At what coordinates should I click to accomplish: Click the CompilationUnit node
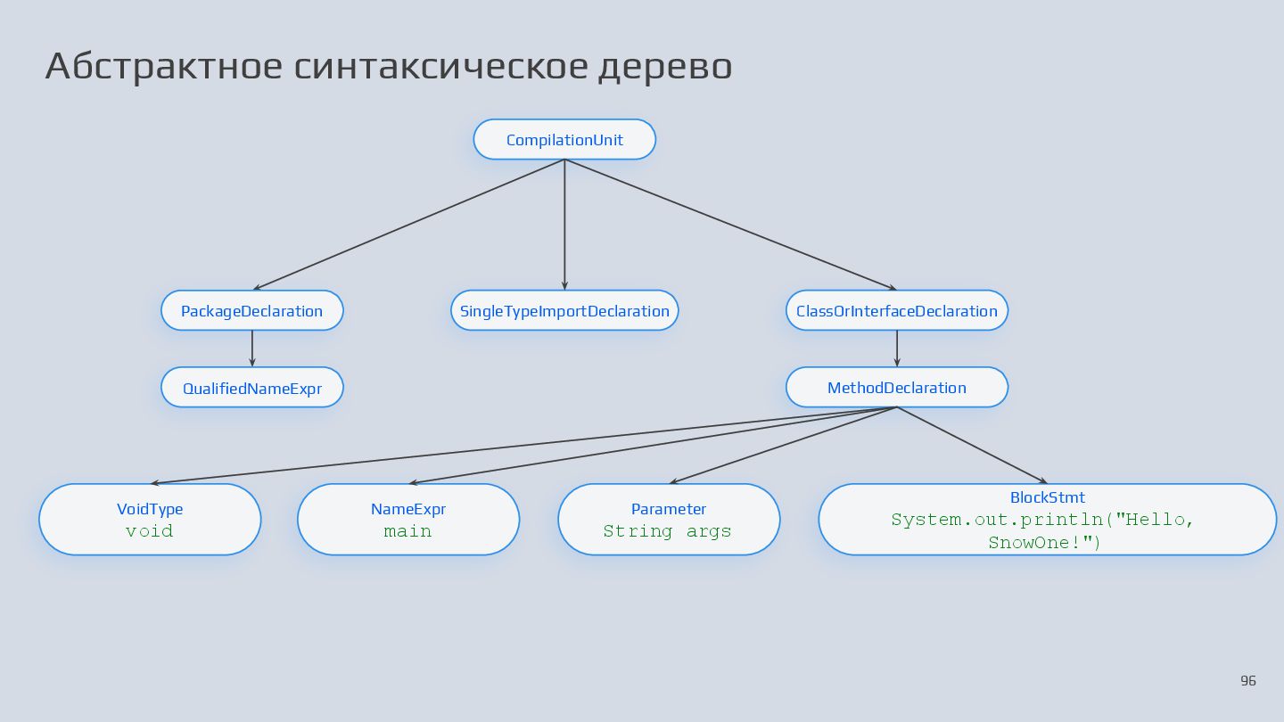coord(564,140)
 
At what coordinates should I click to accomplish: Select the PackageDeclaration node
coord(251,311)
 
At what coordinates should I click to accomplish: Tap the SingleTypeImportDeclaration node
coord(564,311)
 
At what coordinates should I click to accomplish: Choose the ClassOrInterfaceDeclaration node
coord(896,311)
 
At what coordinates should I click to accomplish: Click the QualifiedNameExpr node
coord(251,388)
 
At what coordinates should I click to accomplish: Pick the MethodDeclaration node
coord(896,388)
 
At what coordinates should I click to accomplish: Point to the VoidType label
coord(150,509)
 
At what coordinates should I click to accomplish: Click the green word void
coord(150,531)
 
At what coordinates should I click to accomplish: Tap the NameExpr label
coord(408,509)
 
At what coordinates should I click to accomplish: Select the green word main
coord(408,531)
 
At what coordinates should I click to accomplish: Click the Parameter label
coord(669,509)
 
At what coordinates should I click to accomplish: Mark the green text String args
coord(667,531)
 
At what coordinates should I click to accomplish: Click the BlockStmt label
coord(1048,497)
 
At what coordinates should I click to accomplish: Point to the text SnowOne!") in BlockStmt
coord(1045,542)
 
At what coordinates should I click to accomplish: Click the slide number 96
coord(1248,681)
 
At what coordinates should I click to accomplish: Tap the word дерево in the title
coord(664,67)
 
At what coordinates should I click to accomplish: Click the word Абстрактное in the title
coord(163,67)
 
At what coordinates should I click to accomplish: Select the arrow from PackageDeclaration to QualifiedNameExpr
coord(252,349)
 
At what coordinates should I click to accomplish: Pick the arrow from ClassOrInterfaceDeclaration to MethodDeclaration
coord(897,349)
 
